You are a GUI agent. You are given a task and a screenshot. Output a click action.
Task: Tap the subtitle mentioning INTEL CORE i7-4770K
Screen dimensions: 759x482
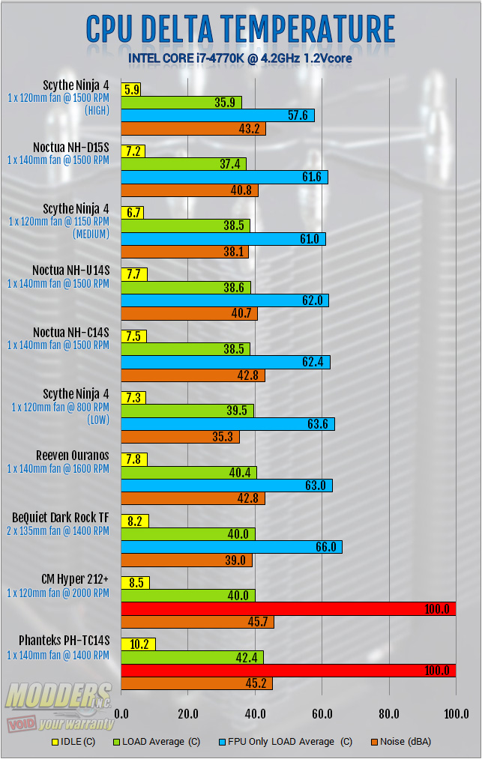[240, 57]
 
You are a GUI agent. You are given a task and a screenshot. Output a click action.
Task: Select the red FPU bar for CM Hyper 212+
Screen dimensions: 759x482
[288, 609]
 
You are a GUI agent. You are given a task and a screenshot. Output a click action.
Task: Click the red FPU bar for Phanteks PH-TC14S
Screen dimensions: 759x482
[288, 670]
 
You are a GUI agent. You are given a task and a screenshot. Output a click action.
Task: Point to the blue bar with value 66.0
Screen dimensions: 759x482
[231, 547]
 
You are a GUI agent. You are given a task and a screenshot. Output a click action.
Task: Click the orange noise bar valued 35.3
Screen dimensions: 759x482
[180, 437]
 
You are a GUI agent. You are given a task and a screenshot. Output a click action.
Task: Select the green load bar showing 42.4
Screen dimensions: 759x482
[192, 657]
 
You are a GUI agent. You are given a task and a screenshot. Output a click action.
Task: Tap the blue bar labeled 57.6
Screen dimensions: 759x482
[217, 115]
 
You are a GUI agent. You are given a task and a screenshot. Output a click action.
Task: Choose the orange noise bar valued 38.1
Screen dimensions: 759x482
[184, 253]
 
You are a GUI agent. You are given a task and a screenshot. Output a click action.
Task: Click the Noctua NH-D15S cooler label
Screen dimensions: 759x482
[71, 147]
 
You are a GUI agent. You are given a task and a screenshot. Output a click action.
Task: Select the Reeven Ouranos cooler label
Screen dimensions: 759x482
[73, 455]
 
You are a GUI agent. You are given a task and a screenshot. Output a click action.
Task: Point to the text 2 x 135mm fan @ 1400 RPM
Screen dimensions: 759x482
[58, 530]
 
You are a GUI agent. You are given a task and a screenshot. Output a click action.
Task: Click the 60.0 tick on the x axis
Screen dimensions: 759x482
[322, 713]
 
